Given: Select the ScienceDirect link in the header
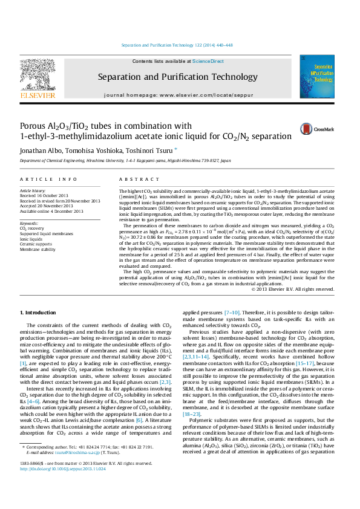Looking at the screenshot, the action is click(x=208, y=61).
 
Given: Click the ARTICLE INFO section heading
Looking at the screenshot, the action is click(x=48, y=180).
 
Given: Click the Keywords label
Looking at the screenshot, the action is click(x=30, y=223).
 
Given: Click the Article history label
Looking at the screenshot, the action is click(x=33, y=190).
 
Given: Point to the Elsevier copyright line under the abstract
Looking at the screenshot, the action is click(x=292, y=290).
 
